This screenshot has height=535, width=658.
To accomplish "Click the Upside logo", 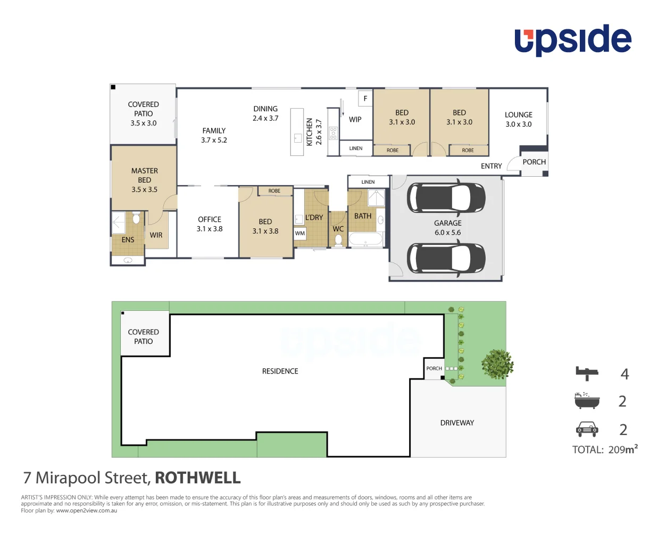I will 572,40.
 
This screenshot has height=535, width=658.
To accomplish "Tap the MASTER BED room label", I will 144,180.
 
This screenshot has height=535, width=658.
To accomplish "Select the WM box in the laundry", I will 300,233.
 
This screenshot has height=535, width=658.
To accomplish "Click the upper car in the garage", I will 446,197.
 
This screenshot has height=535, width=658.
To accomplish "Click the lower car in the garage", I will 446,258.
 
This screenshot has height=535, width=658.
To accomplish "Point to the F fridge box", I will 365,98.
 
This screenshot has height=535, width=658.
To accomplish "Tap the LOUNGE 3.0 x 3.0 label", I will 518,119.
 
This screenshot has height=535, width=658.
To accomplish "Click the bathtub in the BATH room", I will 365,239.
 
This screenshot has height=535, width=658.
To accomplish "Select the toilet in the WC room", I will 338,240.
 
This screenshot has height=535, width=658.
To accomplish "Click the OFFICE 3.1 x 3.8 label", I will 210,224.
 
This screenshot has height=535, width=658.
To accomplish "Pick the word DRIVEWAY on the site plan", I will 457,423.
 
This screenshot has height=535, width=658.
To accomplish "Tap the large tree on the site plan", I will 497,365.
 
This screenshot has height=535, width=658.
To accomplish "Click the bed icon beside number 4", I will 587,373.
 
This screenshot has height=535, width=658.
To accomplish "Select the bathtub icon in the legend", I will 587,400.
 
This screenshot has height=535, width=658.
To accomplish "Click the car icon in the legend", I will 587,429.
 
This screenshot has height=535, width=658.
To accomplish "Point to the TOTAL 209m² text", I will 605,450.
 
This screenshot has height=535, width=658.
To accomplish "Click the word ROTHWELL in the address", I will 197,478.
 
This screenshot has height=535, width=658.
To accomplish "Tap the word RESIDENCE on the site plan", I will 280,371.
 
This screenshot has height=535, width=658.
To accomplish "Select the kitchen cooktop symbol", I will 333,133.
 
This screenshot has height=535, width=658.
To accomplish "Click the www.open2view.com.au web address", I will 86,511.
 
